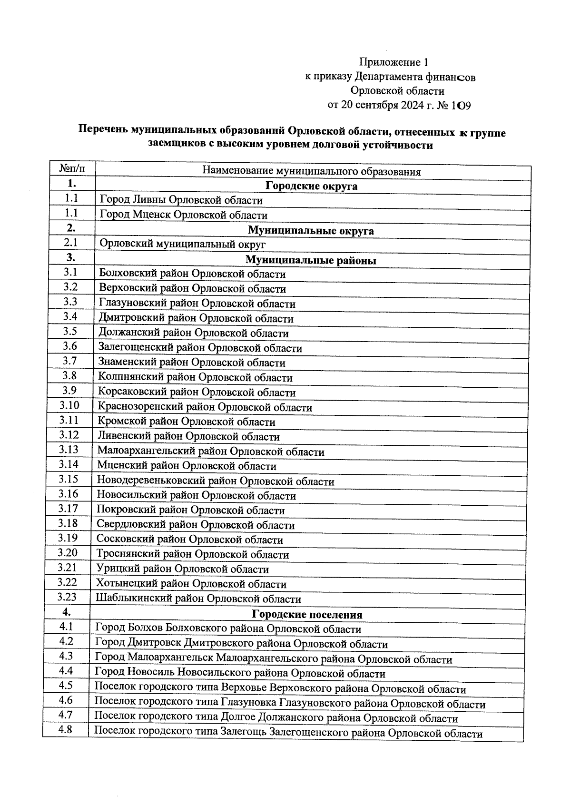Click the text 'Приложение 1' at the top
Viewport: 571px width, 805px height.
point(394,62)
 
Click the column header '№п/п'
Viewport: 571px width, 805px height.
point(72,169)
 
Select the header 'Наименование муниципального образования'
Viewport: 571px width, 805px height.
point(312,171)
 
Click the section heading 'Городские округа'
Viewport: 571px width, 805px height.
point(311,186)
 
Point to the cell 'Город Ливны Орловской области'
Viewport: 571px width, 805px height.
point(181,200)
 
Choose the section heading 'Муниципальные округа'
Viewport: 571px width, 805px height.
point(311,231)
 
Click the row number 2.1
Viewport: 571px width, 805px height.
point(71,243)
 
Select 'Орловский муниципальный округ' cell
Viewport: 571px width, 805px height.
point(182,245)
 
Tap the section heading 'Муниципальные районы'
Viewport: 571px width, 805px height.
point(311,260)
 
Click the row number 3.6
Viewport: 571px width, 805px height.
point(70,346)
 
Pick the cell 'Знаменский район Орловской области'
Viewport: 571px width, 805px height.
point(192,363)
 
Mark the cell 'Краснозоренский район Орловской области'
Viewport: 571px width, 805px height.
point(205,408)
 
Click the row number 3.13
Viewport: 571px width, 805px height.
point(69,450)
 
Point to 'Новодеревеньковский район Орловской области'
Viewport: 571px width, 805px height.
point(216,481)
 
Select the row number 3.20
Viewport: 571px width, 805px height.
point(68,553)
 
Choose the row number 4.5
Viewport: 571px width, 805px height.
point(66,686)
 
